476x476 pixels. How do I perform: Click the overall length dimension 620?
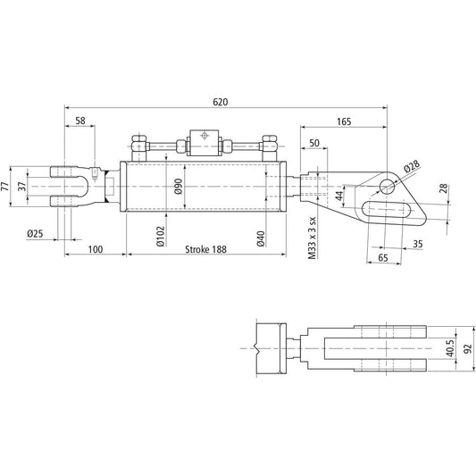[221, 101]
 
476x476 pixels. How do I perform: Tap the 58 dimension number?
[80, 121]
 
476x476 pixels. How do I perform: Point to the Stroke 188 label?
[206, 250]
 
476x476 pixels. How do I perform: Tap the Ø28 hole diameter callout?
[411, 167]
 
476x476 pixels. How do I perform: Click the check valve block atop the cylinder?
[204, 141]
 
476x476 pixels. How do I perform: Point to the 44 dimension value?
[339, 196]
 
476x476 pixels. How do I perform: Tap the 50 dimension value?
[313, 143]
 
